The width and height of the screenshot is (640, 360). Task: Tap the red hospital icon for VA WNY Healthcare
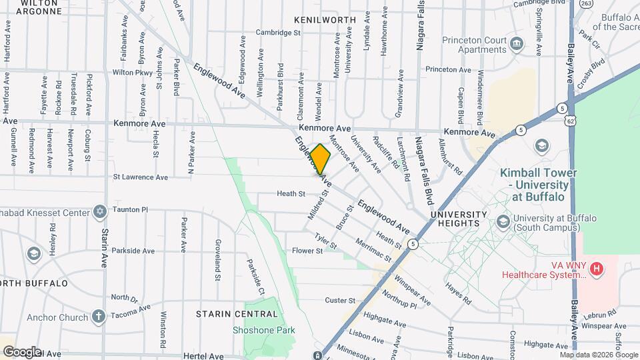[597, 269]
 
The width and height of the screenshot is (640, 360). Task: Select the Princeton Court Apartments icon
[517, 45]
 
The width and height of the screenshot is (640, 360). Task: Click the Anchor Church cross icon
[98, 317]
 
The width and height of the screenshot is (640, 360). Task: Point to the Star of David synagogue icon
[100, 212]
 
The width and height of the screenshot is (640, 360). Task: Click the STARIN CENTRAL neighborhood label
[227, 313]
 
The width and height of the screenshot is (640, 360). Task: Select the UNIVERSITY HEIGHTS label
[455, 219]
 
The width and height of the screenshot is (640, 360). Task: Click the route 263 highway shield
[586, 4]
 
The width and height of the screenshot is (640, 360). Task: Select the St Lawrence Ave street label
[140, 177]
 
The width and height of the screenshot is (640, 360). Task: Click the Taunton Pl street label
[129, 209]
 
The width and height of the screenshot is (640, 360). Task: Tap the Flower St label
[307, 251]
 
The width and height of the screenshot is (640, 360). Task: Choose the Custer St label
[340, 301]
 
